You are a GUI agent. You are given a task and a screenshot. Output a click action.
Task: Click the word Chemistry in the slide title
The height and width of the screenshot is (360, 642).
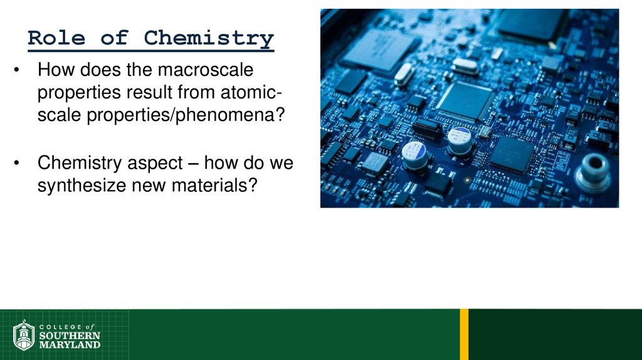[x=209, y=38]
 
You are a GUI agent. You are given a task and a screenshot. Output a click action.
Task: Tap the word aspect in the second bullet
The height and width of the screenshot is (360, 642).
[x=154, y=164]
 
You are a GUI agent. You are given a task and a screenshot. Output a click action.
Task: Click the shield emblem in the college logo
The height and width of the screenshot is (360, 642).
[x=24, y=336]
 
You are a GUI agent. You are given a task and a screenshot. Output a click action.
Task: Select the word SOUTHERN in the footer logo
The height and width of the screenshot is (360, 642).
[x=70, y=336]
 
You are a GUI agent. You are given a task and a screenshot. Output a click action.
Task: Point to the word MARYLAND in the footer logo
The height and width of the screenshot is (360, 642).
[x=70, y=344]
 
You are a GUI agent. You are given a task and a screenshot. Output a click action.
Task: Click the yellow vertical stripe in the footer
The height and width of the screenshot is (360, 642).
[x=464, y=334]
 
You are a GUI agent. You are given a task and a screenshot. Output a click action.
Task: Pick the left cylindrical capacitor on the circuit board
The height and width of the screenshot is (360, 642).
[x=414, y=154]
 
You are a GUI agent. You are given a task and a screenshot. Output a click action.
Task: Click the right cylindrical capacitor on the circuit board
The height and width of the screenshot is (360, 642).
[x=460, y=140]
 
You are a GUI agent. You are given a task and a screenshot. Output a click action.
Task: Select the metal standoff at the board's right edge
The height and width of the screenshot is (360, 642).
[x=592, y=171]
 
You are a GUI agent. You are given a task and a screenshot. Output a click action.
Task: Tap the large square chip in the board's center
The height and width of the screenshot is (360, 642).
[x=465, y=100]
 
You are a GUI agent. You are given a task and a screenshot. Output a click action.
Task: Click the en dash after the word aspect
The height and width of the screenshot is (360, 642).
[x=192, y=164]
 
